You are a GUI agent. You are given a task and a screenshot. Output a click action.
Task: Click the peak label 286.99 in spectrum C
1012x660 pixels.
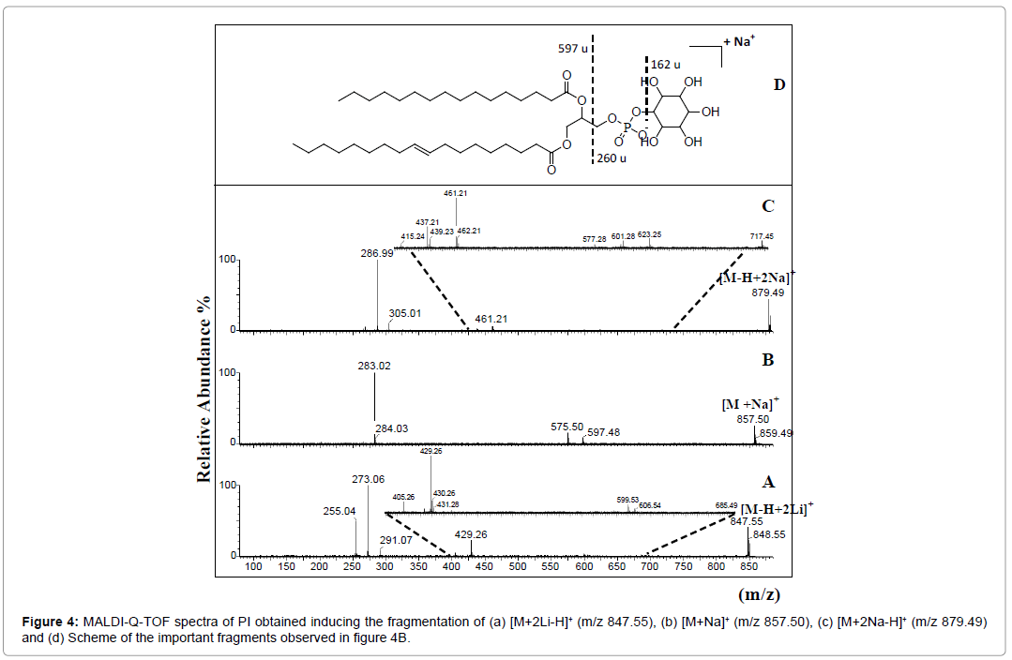378,253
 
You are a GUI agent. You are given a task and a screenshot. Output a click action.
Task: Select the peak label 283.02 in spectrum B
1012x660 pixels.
374,366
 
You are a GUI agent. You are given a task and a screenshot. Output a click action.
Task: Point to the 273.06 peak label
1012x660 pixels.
369,479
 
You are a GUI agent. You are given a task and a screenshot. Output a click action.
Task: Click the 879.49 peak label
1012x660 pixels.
769,292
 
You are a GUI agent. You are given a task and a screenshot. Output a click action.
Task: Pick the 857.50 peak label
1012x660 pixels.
754,420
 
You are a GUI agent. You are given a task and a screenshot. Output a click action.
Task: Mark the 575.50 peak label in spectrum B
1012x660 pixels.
567,427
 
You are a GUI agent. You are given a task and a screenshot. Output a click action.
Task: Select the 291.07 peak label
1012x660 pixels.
396,540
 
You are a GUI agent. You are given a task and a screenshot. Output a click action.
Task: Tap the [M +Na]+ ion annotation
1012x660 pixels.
750,403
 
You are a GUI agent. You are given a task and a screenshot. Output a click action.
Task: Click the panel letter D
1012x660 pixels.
778,85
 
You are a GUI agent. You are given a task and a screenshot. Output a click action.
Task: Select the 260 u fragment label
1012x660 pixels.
612,158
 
